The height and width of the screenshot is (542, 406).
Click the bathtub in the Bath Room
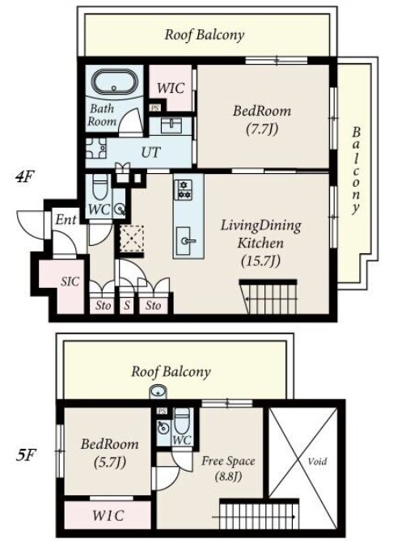point(114,82)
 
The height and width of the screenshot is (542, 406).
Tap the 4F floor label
point(23,177)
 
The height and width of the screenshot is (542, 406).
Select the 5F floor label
point(25,455)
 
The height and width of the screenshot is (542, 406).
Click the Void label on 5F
point(317,461)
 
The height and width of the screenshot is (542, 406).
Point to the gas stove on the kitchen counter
point(183,190)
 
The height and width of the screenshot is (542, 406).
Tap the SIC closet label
point(70,282)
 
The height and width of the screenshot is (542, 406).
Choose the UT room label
point(151,152)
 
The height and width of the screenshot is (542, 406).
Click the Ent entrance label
point(66,219)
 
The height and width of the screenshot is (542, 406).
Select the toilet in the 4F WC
point(100,187)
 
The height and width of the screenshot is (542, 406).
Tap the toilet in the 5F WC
point(182,420)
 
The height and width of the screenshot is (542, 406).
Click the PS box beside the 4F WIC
point(154,108)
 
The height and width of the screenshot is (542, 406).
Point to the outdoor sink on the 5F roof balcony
point(159,392)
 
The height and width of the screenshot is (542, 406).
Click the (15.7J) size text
point(260,260)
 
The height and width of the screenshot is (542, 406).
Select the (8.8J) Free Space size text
point(228,476)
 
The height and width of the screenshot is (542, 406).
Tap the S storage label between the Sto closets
point(127,305)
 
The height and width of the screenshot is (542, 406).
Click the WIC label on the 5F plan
point(108,516)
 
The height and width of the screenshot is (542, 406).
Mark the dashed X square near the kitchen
point(131,238)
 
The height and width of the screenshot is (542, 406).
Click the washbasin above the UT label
point(171,125)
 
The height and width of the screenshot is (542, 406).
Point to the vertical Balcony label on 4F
point(356,171)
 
